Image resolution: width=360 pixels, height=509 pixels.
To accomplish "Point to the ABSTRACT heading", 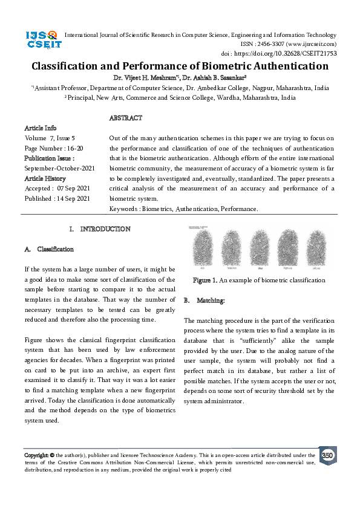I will [x=126, y=118].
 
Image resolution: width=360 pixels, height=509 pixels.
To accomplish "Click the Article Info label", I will [x=40, y=128].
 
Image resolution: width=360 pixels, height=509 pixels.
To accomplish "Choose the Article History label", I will [x=45, y=178].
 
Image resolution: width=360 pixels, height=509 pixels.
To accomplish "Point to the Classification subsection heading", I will [x=55, y=249].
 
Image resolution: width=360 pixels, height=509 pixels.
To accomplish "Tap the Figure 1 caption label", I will [x=205, y=280].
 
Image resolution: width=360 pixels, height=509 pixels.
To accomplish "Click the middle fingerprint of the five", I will [x=260, y=250].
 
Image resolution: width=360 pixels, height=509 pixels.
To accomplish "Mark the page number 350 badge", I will [x=327, y=455].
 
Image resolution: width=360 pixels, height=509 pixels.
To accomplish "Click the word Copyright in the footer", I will [x=36, y=455].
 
